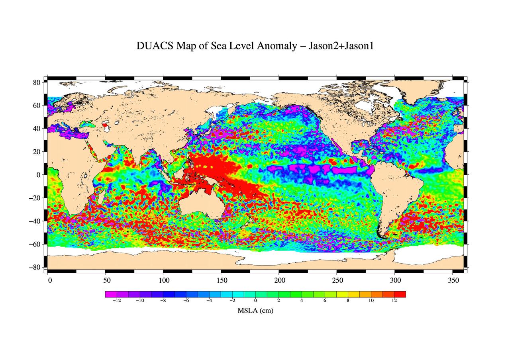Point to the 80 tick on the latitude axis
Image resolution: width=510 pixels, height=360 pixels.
37,82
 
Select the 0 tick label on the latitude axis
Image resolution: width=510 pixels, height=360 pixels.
39,175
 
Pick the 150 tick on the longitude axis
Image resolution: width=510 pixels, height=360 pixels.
222,280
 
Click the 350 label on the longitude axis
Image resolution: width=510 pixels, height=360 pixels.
453,280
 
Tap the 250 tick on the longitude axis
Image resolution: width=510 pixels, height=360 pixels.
337,280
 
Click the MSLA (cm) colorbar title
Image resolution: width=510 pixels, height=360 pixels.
255,311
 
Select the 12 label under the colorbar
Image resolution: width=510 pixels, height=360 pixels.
394,301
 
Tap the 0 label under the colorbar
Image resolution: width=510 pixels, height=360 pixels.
255,301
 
